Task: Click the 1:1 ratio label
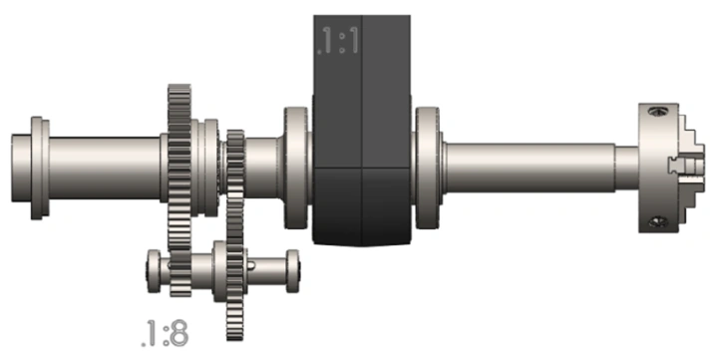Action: [x=339, y=41]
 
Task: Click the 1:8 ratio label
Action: [x=165, y=333]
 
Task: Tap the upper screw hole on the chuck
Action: [x=658, y=111]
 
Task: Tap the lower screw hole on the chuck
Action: [x=658, y=222]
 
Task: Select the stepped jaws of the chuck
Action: [x=691, y=168]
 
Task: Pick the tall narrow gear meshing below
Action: [x=235, y=235]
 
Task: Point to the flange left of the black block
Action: [x=297, y=168]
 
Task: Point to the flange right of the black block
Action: [x=428, y=168]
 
